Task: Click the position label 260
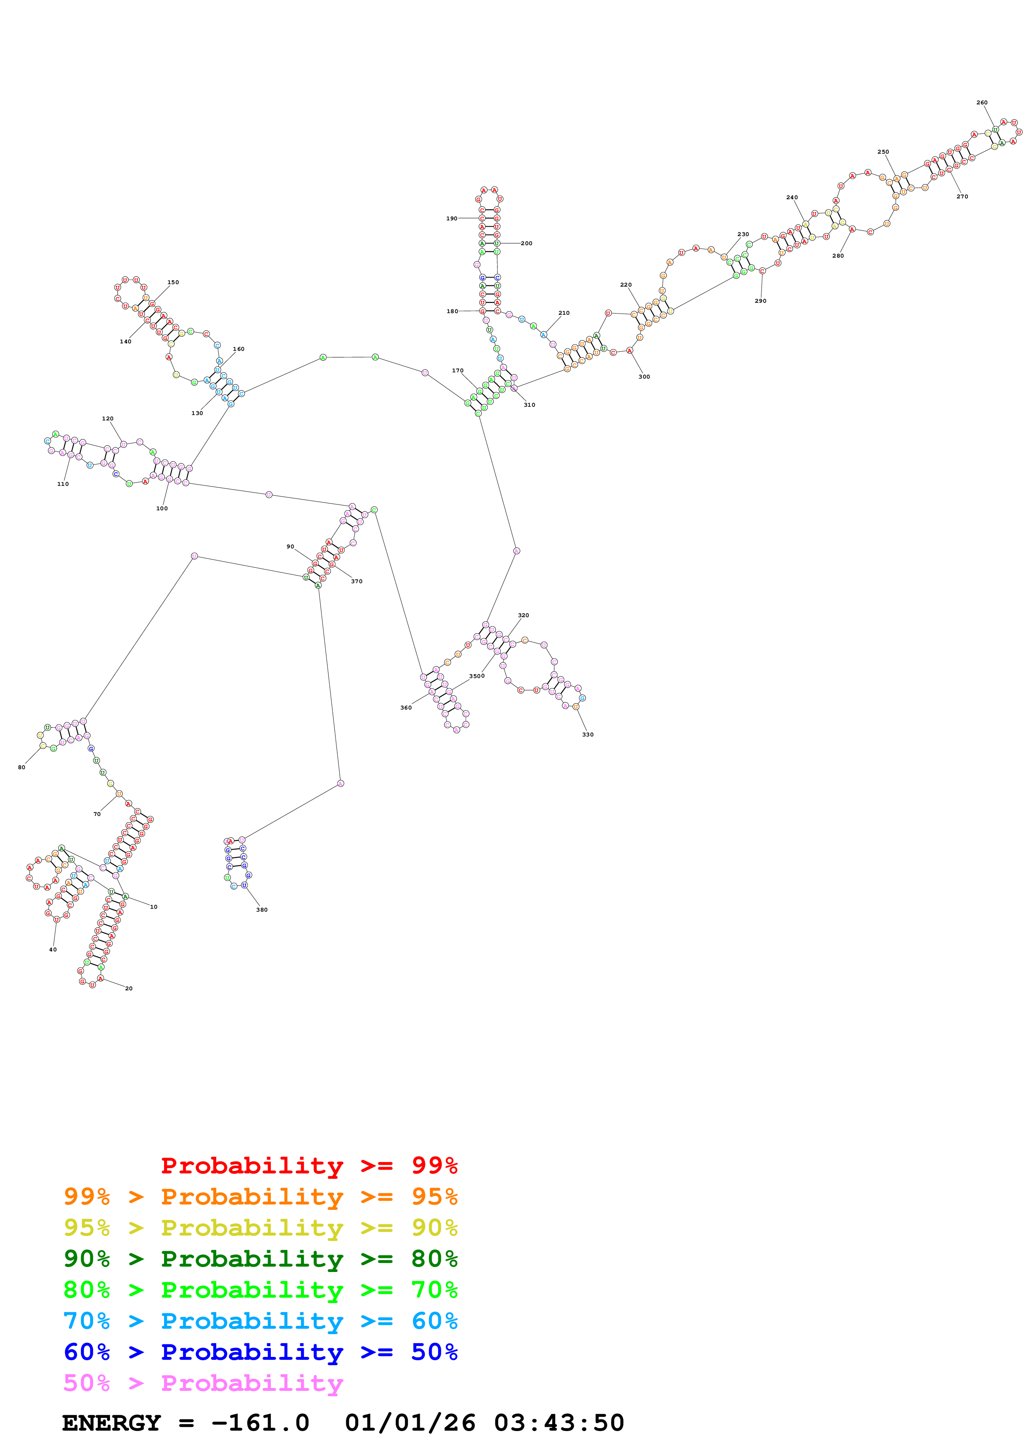point(981,103)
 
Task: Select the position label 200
point(527,244)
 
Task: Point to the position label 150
point(173,282)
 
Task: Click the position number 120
point(108,419)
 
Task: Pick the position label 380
point(261,910)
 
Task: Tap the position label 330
point(588,735)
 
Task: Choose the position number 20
point(128,989)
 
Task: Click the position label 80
point(22,768)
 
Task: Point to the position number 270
point(962,197)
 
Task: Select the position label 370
point(356,582)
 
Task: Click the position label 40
point(53,950)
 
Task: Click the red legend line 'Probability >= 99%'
point(309,1166)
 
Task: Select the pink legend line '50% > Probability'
point(203,1383)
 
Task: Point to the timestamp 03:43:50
point(559,1423)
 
